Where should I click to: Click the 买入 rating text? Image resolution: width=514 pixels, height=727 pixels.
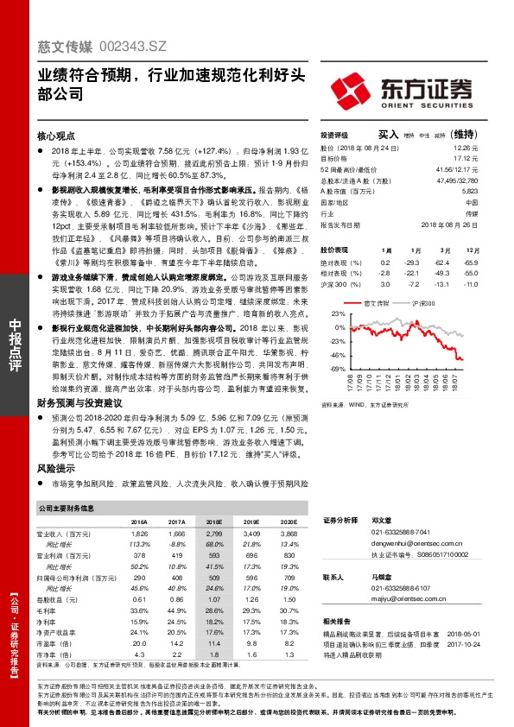[x=389, y=135]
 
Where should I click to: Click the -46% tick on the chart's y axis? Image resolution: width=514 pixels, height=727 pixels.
[x=337, y=354]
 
